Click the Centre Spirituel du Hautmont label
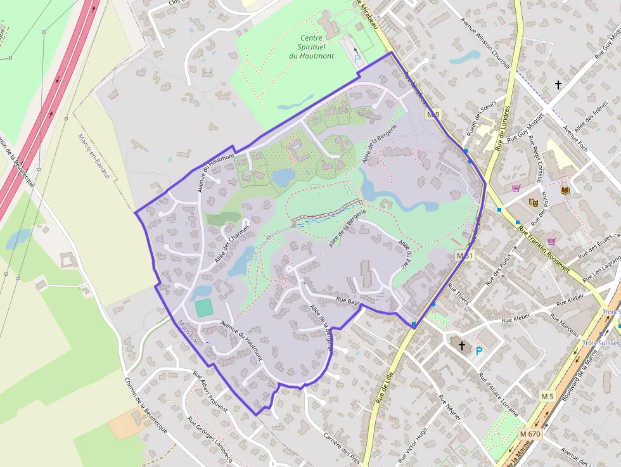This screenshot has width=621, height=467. click(311, 47)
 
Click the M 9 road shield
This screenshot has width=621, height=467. click(433, 115)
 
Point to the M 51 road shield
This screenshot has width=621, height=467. click(465, 255)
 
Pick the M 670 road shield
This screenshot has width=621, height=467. click(530, 433)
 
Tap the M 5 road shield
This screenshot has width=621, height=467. click(547, 395)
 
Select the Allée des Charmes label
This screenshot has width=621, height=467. click(232, 243)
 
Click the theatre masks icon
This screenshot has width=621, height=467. click(534, 202)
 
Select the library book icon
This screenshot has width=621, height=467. click(565, 189)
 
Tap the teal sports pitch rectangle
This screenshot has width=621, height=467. click(204, 308)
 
